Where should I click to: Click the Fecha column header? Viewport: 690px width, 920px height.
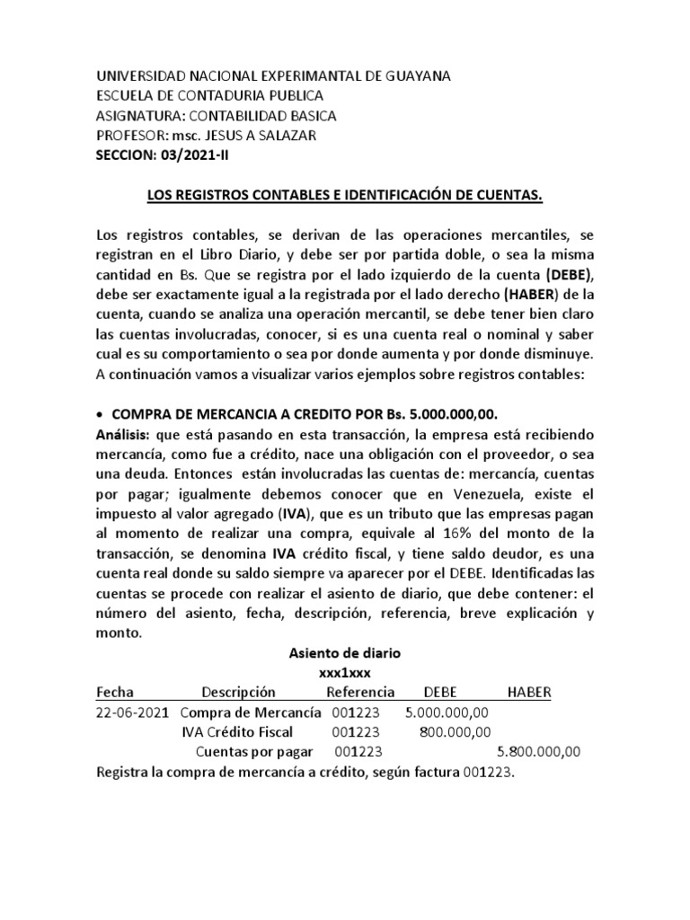click(114, 693)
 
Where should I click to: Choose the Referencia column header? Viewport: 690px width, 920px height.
click(359, 693)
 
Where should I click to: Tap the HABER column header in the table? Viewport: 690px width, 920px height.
click(529, 693)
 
